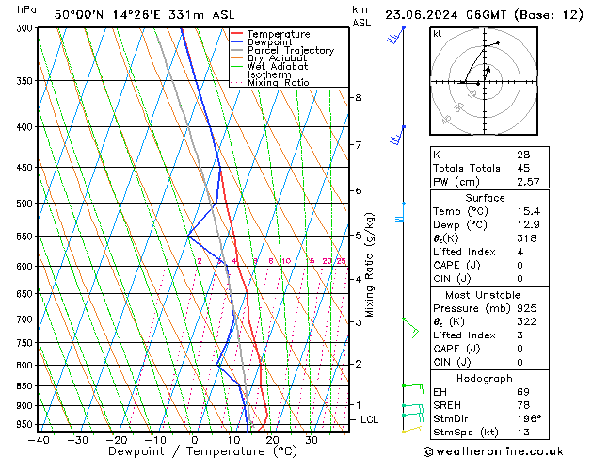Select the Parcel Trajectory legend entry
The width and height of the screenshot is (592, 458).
(x=290, y=51)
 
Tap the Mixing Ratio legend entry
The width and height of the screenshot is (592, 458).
(x=279, y=83)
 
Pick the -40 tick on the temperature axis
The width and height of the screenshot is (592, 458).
(x=40, y=440)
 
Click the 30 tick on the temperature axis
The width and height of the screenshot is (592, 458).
(x=312, y=440)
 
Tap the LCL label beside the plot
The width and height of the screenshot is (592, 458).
(x=369, y=419)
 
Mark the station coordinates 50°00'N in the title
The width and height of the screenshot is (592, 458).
(x=80, y=15)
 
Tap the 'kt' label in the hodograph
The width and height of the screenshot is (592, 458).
(x=438, y=33)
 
